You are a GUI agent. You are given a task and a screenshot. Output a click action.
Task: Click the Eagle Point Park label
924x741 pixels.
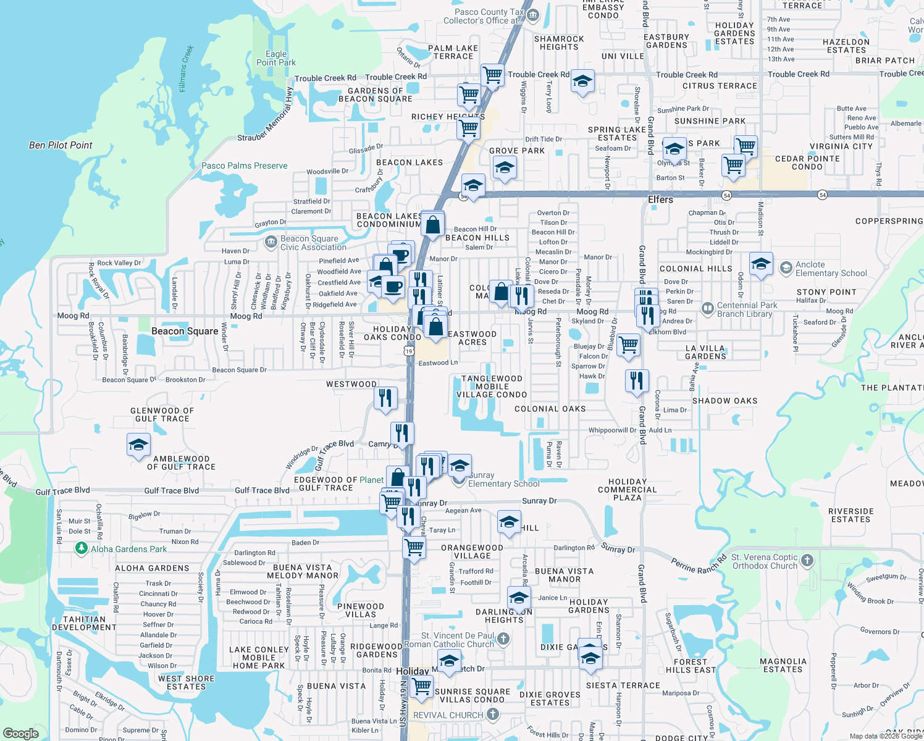pos(276,59)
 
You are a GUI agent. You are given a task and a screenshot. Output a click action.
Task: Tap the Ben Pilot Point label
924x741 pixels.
pos(61,145)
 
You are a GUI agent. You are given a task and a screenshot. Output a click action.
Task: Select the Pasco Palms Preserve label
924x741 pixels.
pos(245,165)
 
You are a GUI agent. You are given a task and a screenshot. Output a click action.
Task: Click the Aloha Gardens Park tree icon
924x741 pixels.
pos(81,548)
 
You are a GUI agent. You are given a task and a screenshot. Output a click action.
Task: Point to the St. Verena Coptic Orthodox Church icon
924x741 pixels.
pos(807,560)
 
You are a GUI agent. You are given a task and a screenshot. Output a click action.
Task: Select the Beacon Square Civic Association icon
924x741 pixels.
pos(271,241)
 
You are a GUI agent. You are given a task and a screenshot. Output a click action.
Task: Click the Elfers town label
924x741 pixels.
pos(660,199)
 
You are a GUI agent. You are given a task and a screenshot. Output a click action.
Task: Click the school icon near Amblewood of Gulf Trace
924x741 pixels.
pos(138,445)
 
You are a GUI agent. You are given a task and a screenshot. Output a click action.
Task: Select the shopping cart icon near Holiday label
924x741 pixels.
pos(421,686)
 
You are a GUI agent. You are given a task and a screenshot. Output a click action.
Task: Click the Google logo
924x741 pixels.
pos(21,733)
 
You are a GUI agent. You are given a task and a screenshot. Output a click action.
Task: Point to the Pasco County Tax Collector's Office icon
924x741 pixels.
pos(533,15)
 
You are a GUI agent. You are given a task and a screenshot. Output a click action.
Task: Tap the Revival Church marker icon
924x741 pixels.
pos(492,714)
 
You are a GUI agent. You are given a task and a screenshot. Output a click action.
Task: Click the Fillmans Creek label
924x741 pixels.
pos(187,69)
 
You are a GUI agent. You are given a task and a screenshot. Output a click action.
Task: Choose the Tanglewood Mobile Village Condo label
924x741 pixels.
pos(492,387)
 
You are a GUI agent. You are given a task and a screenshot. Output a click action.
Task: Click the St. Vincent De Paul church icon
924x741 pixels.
pos(503,638)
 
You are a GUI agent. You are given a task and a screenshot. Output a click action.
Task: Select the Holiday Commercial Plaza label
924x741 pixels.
pos(628,490)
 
